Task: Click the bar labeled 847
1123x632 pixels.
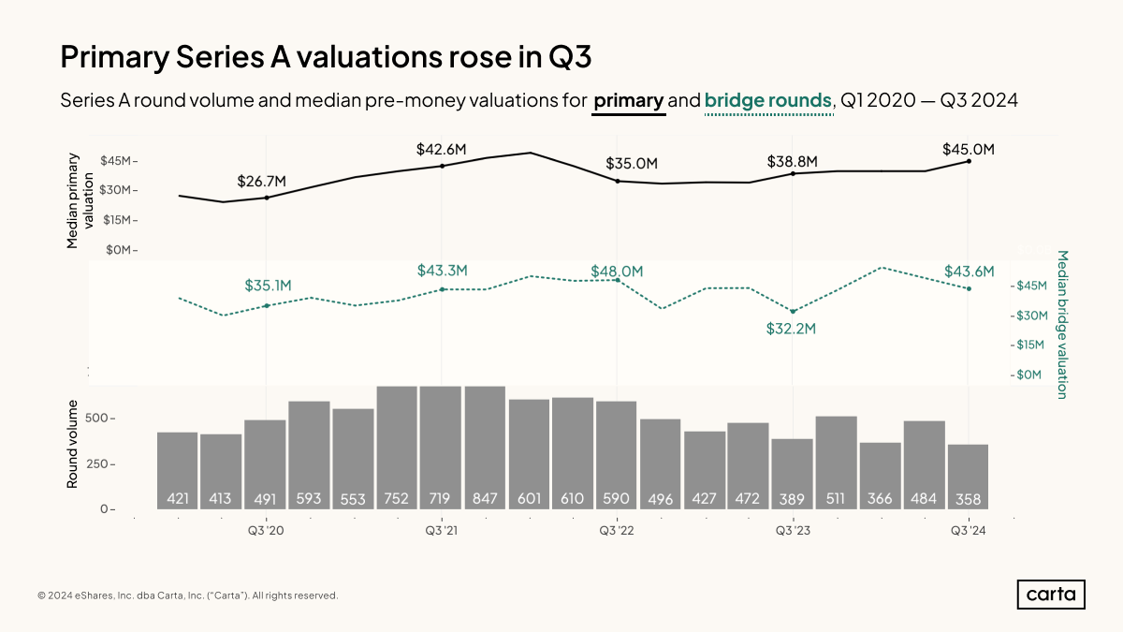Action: click(x=485, y=448)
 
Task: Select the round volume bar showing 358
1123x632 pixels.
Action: click(x=968, y=477)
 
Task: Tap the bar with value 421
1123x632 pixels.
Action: click(x=178, y=471)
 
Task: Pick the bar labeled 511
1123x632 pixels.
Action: click(x=836, y=463)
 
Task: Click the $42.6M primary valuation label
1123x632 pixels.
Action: click(x=442, y=149)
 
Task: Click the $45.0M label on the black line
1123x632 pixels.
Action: click(x=969, y=149)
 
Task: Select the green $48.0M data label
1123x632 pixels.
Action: click(x=617, y=272)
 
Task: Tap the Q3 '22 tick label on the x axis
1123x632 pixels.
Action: click(x=617, y=531)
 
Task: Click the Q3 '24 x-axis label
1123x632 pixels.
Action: click(x=968, y=531)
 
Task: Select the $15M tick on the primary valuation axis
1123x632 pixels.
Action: click(x=120, y=220)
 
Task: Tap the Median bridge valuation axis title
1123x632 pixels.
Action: click(x=1062, y=324)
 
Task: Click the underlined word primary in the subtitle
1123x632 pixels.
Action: click(x=629, y=100)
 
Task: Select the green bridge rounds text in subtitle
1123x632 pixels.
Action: click(x=767, y=100)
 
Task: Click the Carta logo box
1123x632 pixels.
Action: click(x=1051, y=595)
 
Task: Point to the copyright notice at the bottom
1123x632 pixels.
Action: click(x=187, y=595)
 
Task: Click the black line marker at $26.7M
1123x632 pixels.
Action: click(x=267, y=198)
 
